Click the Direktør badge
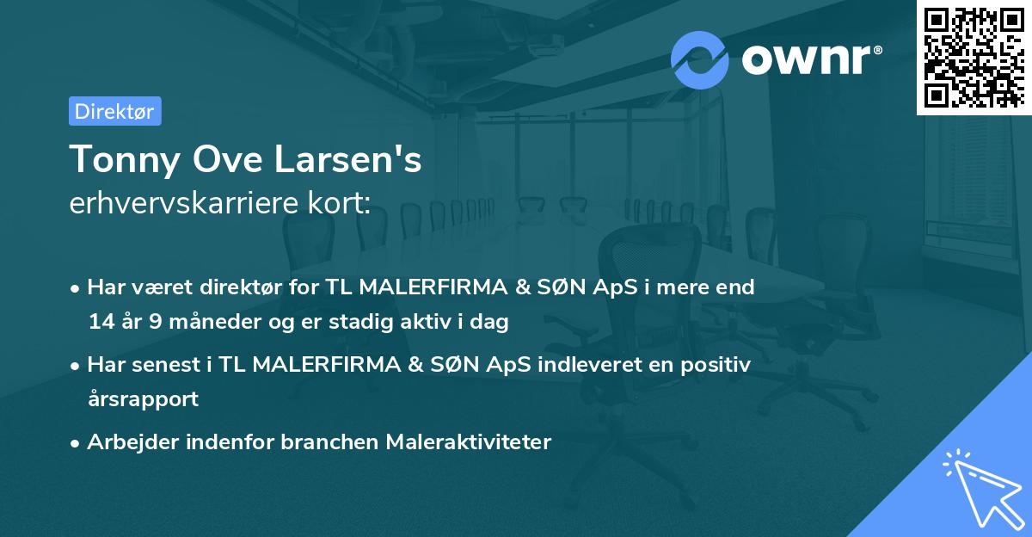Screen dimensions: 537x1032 click(x=114, y=111)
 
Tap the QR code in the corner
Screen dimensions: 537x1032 click(x=974, y=57)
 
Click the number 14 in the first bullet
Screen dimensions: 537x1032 click(x=100, y=323)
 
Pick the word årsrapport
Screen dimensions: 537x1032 click(x=143, y=398)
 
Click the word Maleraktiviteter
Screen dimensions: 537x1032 click(x=468, y=441)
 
